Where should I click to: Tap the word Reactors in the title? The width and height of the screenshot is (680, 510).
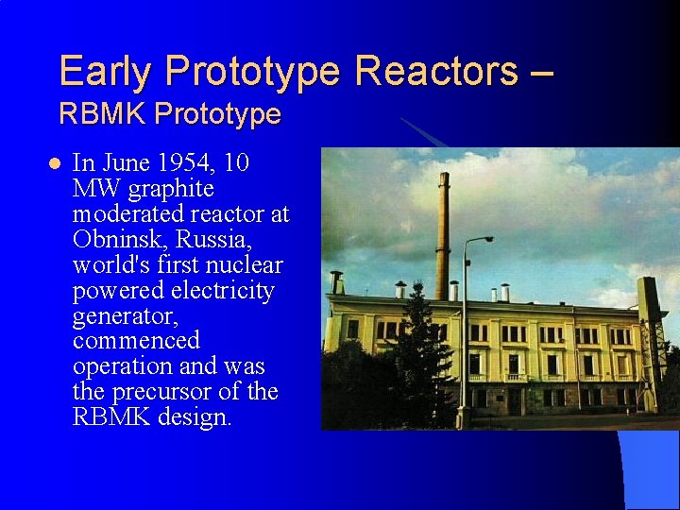click(436, 71)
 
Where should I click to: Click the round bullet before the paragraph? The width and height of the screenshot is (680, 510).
click(53, 163)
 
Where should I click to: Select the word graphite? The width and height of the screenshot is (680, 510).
click(171, 189)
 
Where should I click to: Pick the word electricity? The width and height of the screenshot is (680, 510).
click(223, 290)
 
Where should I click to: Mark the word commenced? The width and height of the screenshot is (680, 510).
click(136, 340)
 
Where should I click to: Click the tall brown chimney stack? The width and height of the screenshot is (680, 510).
click(442, 227)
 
